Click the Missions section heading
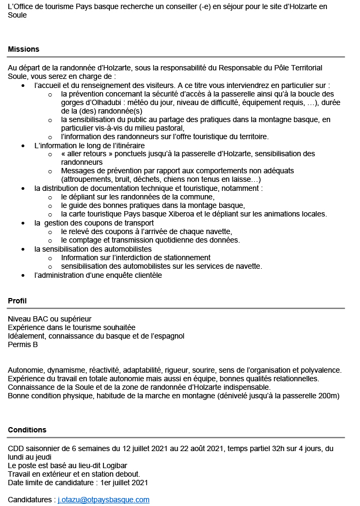point(23,49)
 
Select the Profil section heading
point(17,301)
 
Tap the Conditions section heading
point(27,430)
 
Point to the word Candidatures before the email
point(29,500)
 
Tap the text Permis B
point(23,344)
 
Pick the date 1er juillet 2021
point(123,483)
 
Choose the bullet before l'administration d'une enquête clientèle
point(22,275)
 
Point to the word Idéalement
point(27,336)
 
